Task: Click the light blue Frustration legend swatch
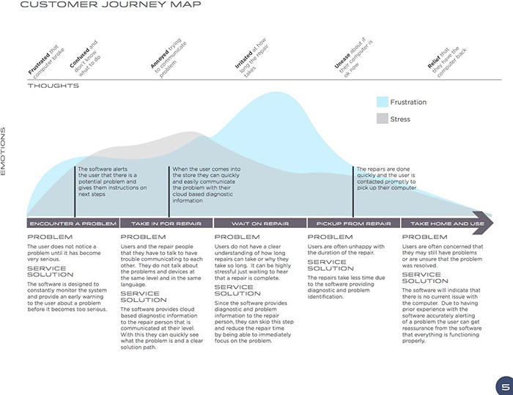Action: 383,102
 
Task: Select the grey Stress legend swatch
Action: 383,119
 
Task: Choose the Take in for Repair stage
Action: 166,224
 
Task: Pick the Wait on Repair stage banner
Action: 259,224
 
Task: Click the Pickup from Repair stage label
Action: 353,224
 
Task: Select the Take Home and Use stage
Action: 447,224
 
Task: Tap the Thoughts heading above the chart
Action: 53,86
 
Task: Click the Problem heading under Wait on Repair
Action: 237,237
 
